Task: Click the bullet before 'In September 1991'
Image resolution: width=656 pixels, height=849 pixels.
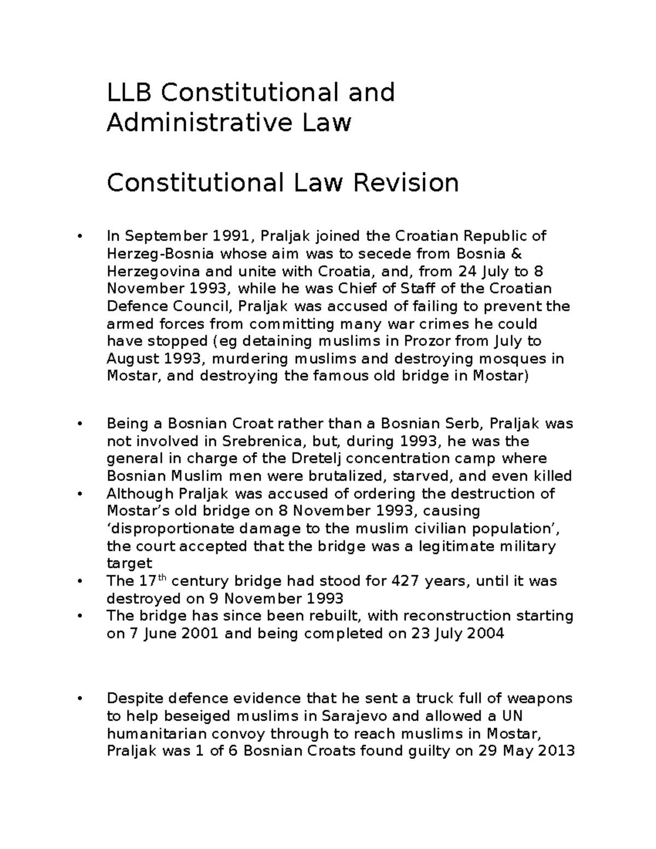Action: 80,236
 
